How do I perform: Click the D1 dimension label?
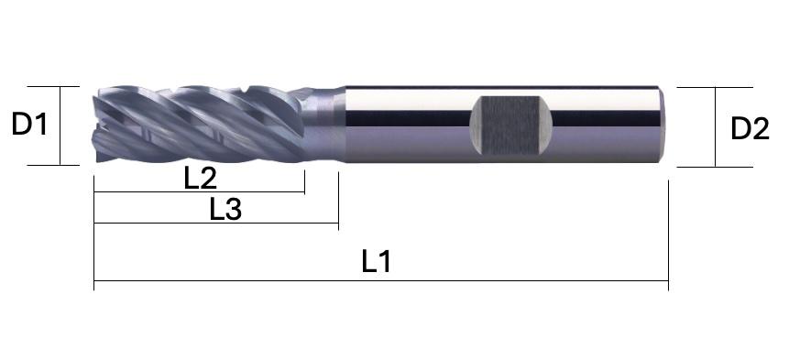[29, 125]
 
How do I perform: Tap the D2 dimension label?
[750, 129]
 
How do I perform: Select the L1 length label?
[377, 262]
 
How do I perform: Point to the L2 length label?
[201, 179]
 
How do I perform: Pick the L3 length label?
[225, 210]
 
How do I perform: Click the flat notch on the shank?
[510, 125]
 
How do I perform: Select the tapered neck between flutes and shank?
[324, 125]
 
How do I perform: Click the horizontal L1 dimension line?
[381, 281]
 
